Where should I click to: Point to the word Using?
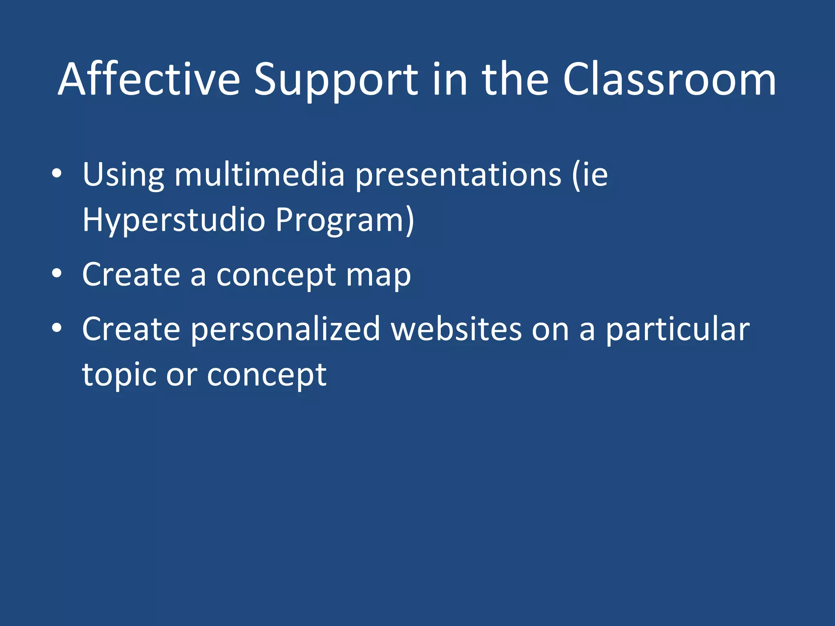click(123, 175)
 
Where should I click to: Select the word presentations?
click(458, 175)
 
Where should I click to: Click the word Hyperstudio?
click(174, 220)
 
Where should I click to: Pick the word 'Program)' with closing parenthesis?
click(345, 220)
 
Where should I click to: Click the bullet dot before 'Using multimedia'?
click(57, 174)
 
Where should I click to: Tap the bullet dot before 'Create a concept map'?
click(57, 273)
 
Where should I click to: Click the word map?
click(378, 275)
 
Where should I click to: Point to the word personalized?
click(285, 329)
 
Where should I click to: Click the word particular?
click(677, 329)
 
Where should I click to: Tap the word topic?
click(119, 375)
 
